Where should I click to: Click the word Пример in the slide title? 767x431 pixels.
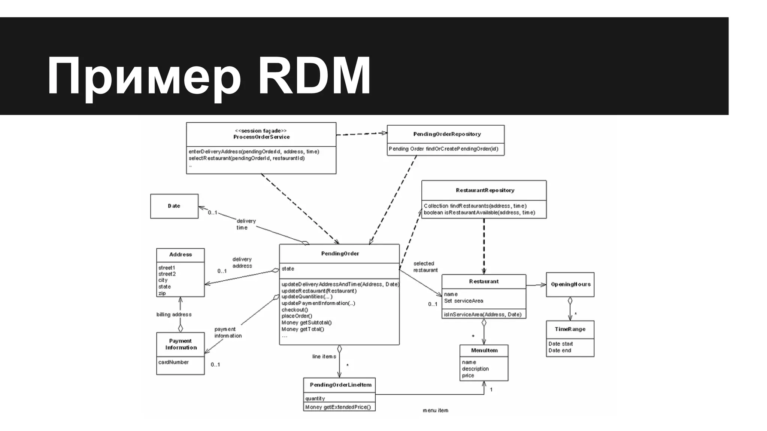144,77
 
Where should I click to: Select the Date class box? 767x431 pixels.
174,206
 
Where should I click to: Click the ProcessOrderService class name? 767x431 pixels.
261,137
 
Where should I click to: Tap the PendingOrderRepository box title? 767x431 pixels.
447,134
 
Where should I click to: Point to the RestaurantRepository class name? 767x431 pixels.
485,190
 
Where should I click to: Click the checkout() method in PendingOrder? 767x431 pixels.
295,310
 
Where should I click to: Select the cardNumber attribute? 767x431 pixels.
173,362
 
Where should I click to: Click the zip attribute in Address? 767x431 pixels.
162,293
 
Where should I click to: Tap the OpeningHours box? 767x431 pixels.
570,284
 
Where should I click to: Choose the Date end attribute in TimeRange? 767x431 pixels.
560,351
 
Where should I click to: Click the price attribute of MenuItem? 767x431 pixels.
468,375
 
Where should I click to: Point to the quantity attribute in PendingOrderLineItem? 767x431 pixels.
315,398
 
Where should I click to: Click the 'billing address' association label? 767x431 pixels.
174,314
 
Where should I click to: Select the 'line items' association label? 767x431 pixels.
324,357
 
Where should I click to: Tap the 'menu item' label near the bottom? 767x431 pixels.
435,410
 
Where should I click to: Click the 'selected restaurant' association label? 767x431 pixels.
425,267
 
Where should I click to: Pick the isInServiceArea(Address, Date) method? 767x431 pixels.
482,314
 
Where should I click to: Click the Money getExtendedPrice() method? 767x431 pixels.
338,407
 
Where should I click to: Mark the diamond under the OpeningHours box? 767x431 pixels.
570,300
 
